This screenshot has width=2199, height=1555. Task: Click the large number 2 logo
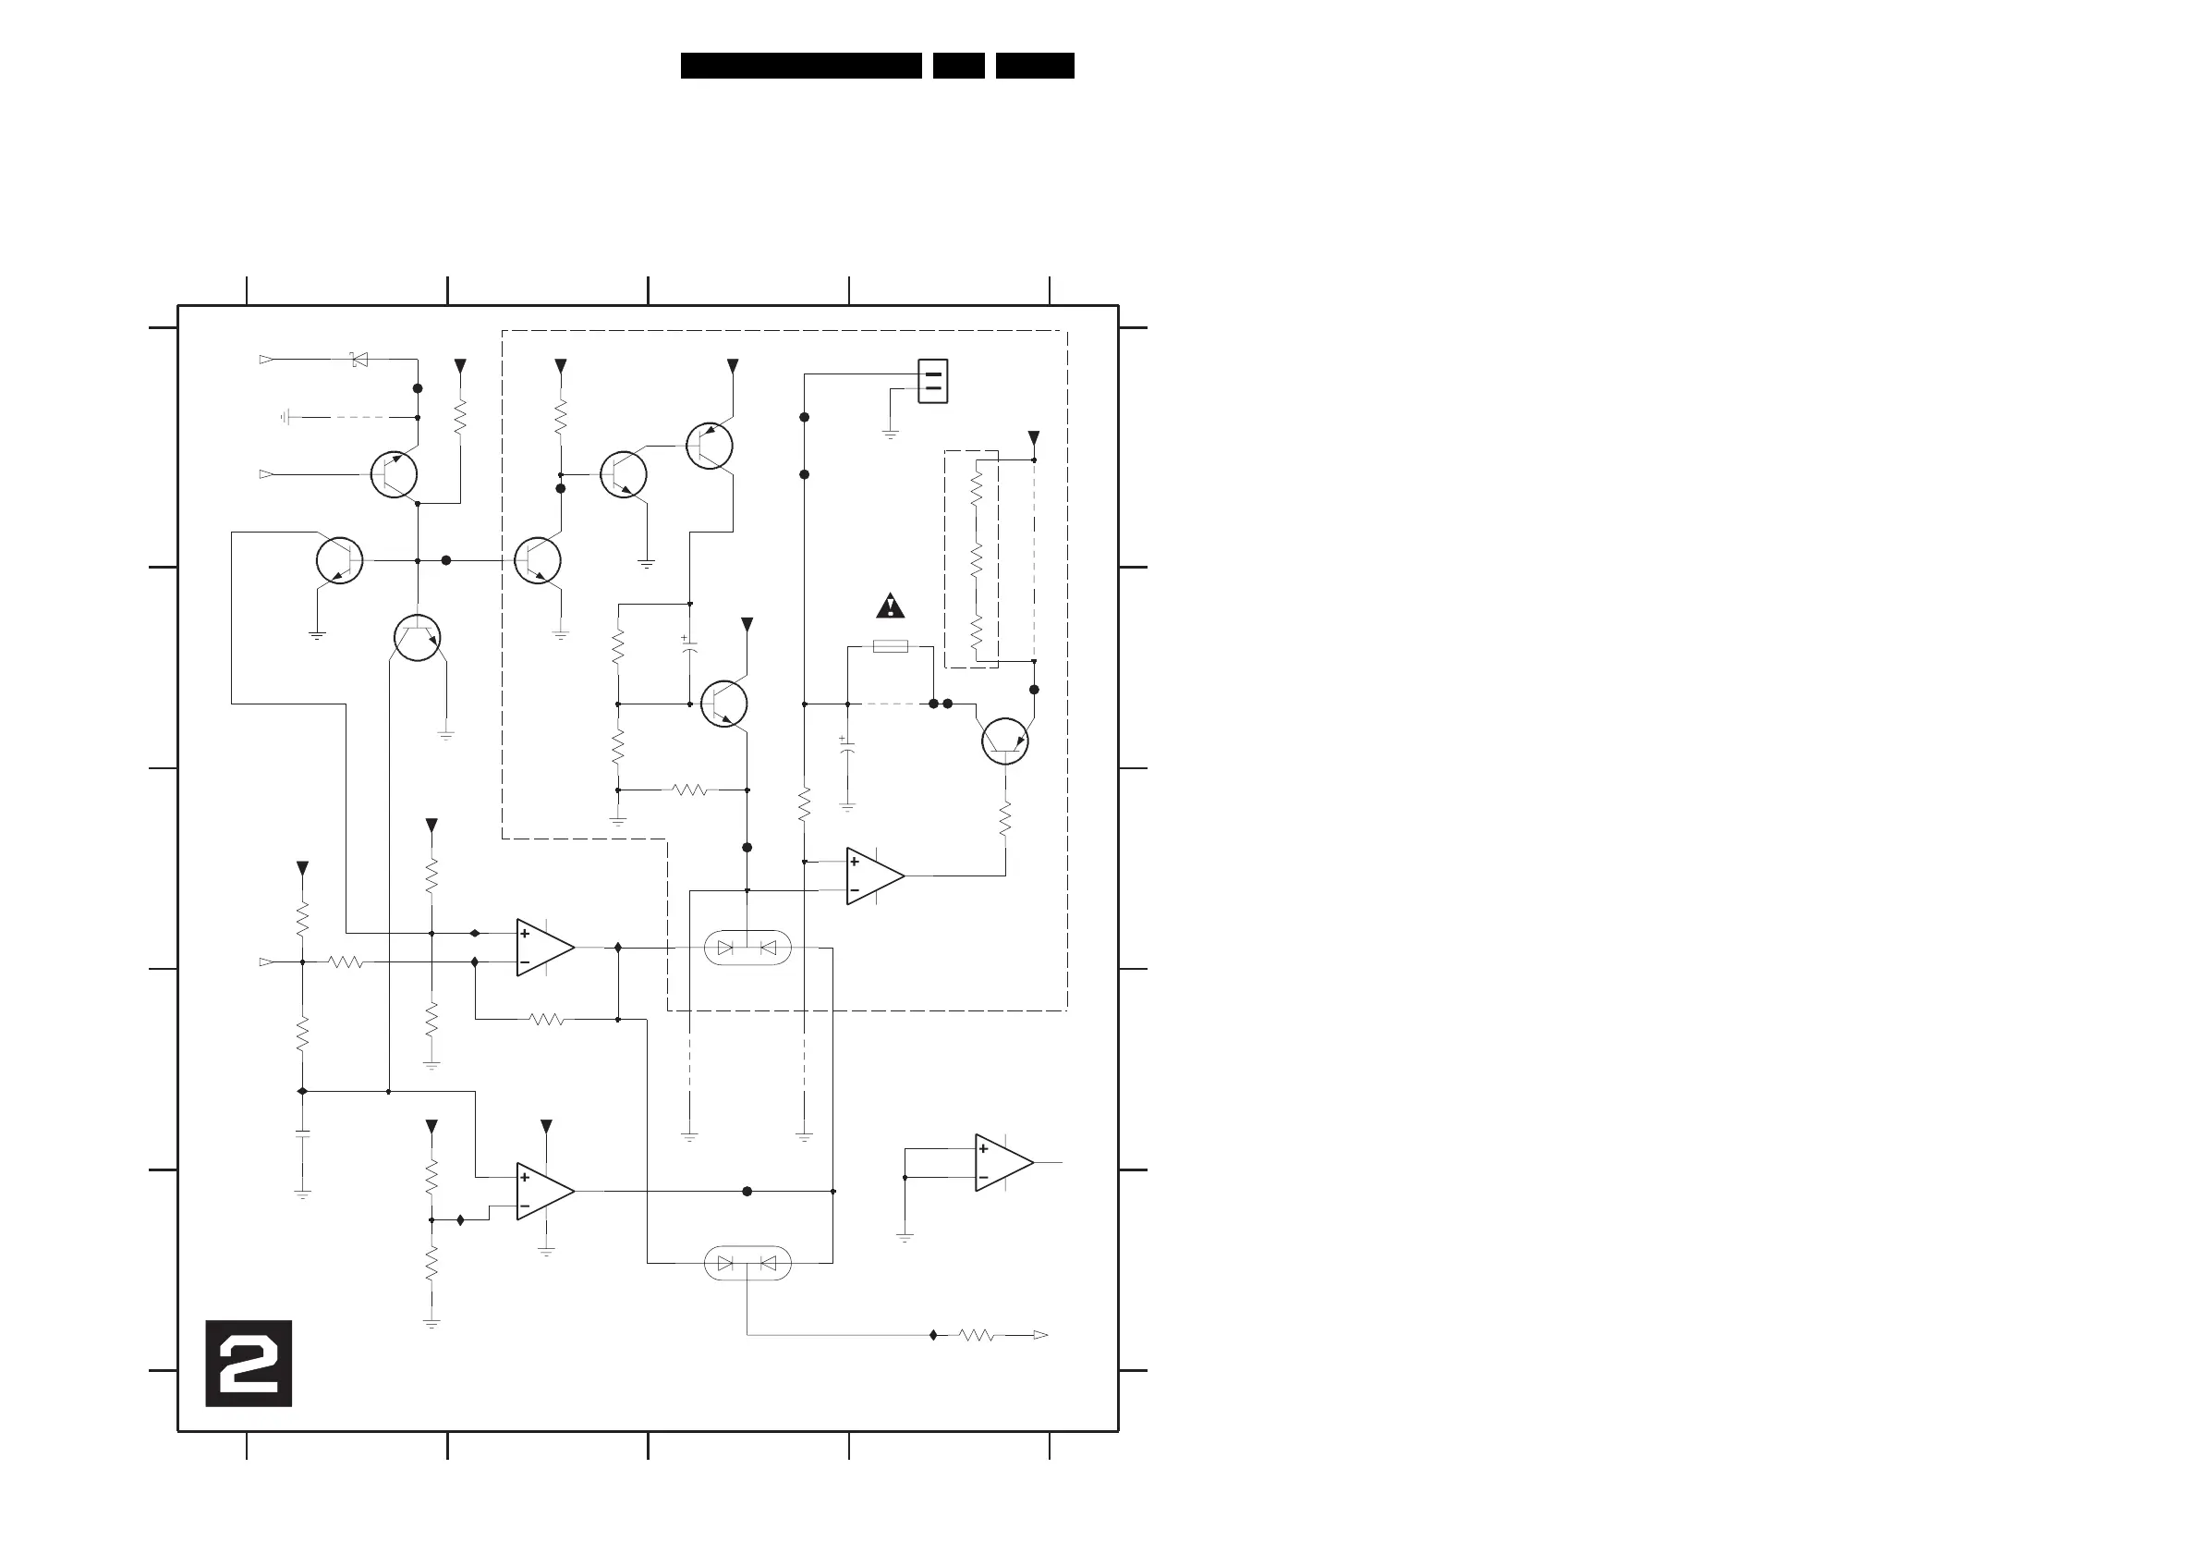click(x=248, y=1363)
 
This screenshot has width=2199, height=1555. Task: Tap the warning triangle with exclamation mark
click(x=891, y=606)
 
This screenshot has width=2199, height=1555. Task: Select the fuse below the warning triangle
click(x=891, y=647)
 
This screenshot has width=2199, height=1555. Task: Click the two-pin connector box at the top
click(x=933, y=380)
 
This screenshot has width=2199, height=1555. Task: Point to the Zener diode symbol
click(x=359, y=360)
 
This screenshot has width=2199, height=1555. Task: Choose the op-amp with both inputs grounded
click(x=1002, y=1162)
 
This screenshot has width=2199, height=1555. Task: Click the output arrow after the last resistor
click(x=1040, y=1335)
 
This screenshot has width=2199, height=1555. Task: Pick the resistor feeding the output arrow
click(x=977, y=1335)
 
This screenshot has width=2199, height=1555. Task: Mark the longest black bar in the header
click(x=801, y=65)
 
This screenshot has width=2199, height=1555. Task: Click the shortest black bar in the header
click(x=959, y=65)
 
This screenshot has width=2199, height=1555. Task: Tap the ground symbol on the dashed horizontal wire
click(x=286, y=417)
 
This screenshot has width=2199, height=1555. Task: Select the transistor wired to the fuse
click(x=1004, y=741)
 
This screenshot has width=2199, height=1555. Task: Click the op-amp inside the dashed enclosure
click(x=873, y=875)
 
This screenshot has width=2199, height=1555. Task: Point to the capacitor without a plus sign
click(x=303, y=1134)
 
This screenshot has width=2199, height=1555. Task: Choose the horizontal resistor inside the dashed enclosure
click(x=689, y=790)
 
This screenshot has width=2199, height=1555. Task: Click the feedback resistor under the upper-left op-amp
click(x=547, y=1019)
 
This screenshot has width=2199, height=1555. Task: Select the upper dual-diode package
click(x=747, y=948)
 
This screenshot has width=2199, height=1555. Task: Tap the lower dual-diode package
click(x=747, y=1263)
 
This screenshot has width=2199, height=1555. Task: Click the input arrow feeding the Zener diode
click(x=266, y=360)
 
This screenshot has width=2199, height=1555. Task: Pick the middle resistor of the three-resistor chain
click(x=976, y=558)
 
